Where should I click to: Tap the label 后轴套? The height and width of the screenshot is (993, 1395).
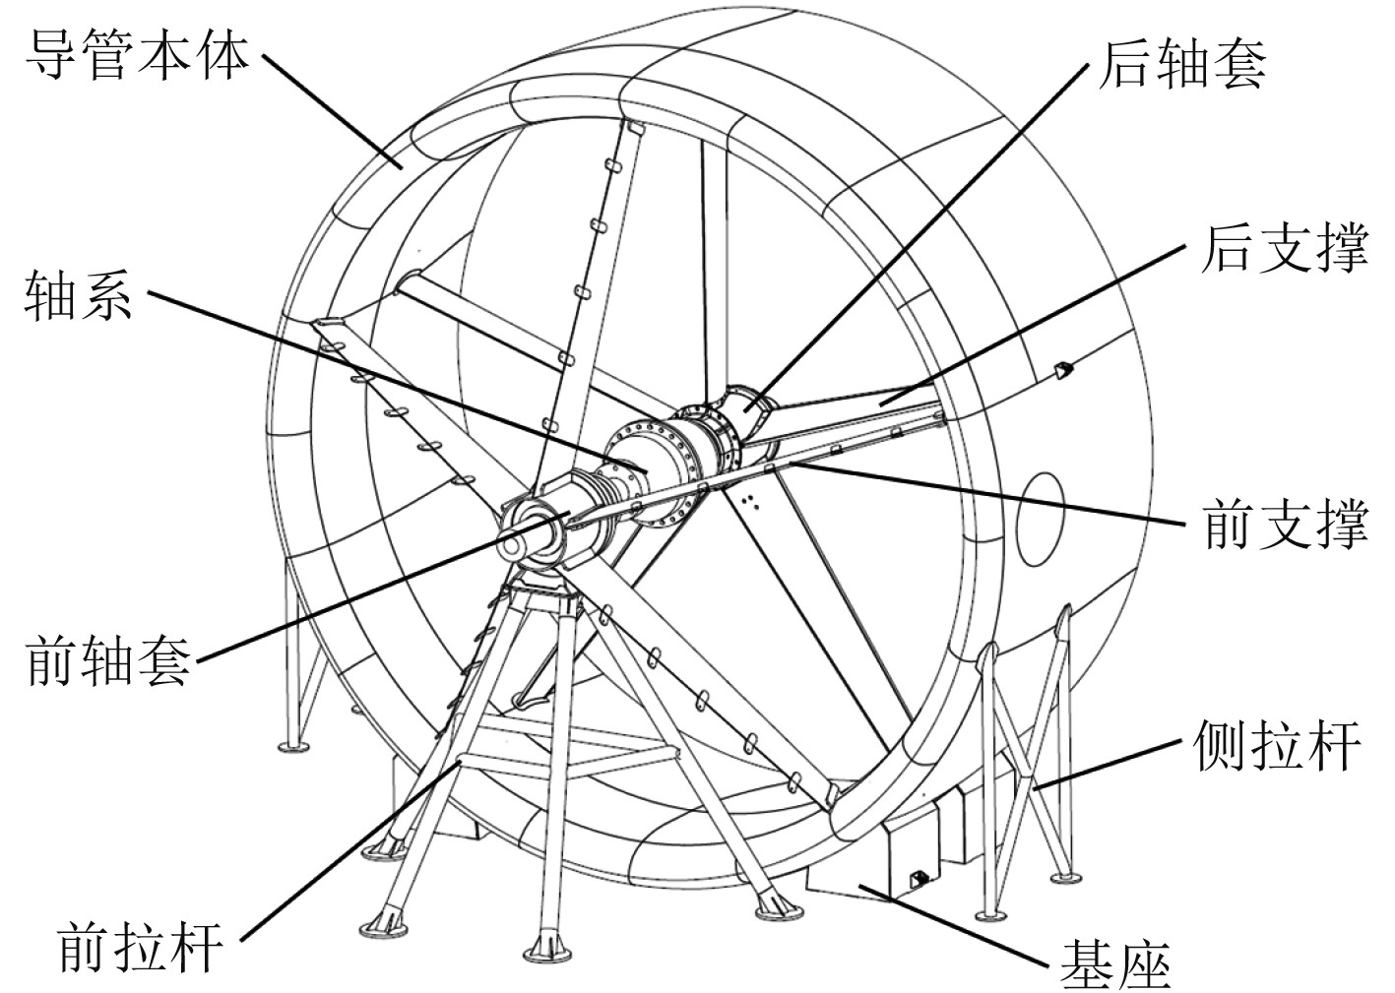click(x=1182, y=64)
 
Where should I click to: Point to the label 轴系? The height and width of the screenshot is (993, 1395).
click(x=78, y=294)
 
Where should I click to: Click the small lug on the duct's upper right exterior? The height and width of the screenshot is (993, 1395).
click(x=1061, y=370)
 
